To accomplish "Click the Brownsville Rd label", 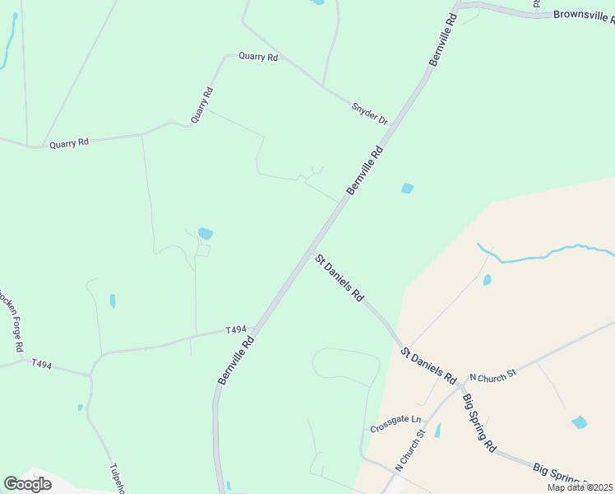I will pyautogui.click(x=583, y=15).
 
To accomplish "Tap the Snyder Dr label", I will pyautogui.click(x=369, y=114).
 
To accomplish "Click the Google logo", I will pyautogui.click(x=27, y=483).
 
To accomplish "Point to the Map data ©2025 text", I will pyautogui.click(x=580, y=487).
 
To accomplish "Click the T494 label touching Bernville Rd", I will pyautogui.click(x=236, y=330).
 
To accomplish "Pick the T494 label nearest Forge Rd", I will pyautogui.click(x=41, y=363).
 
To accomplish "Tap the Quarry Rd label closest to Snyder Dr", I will pyautogui.click(x=258, y=57).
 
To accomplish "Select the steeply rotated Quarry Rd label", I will pyautogui.click(x=202, y=105).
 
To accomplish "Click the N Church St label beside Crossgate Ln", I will pyautogui.click(x=409, y=450).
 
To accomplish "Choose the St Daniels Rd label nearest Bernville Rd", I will pyautogui.click(x=339, y=277).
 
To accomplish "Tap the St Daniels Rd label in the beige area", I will pyautogui.click(x=428, y=366).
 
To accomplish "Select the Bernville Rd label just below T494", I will pyautogui.click(x=235, y=359).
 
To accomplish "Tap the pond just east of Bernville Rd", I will pyautogui.click(x=407, y=189).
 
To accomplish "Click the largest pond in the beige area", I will pyautogui.click(x=580, y=422).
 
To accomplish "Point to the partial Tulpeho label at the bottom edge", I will pyautogui.click(x=117, y=477).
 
